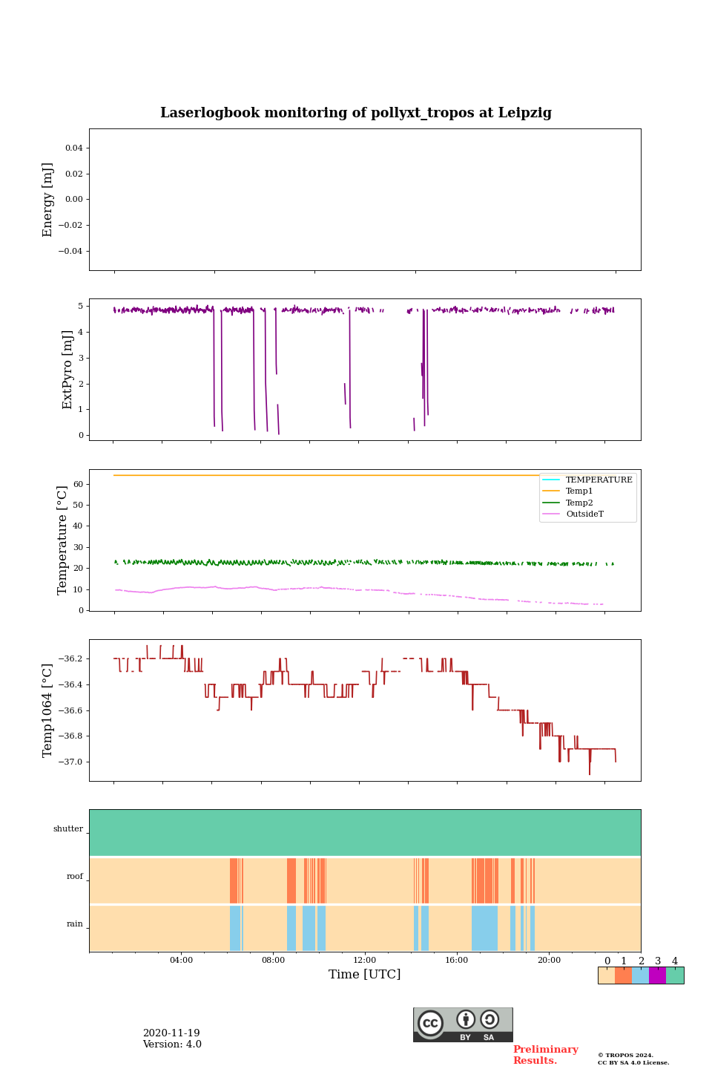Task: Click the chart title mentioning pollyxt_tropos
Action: coord(356,113)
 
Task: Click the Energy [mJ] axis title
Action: coord(48,200)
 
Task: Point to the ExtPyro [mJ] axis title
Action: coord(67,370)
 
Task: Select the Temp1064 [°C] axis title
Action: coord(48,710)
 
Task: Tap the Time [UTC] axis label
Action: coord(364,974)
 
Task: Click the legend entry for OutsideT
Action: coord(584,514)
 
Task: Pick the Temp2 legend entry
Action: coord(579,503)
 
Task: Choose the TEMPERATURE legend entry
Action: coord(599,480)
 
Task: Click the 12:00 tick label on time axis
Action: coord(364,960)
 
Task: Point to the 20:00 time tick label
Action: coord(549,960)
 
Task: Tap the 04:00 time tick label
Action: coord(181,960)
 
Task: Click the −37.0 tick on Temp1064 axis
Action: coord(68,762)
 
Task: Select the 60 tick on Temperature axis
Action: coord(77,484)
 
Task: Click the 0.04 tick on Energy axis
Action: coord(73,148)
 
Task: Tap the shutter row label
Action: coord(68,828)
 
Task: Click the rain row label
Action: coord(75,923)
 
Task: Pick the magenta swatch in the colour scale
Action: coord(657,975)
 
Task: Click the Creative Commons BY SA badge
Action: coord(463,1024)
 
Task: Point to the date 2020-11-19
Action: coord(171,1033)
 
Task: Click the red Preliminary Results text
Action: coord(545,1055)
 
